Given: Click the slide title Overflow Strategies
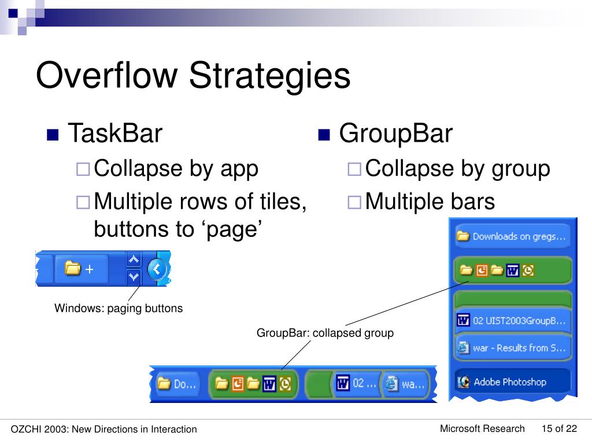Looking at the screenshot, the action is click(193, 76).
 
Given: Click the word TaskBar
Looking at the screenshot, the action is click(115, 134).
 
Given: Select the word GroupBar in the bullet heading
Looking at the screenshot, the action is click(395, 134).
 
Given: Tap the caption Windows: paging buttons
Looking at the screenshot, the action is click(119, 308).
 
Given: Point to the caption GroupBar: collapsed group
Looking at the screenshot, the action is click(325, 333).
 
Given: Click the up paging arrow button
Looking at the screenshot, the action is click(134, 260).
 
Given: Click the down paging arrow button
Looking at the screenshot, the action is click(134, 276).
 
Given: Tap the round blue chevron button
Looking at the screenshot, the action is click(157, 269).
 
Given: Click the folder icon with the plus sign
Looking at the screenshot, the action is click(80, 269).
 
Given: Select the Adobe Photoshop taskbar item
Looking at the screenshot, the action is click(510, 382).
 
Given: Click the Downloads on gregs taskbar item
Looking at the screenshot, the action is click(512, 236).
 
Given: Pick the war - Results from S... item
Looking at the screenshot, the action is click(512, 348).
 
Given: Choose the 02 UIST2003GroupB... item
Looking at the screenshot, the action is click(512, 320).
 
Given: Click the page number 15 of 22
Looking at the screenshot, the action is click(559, 428).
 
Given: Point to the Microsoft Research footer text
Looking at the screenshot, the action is click(482, 428).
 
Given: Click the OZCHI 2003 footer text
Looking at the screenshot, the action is click(104, 429).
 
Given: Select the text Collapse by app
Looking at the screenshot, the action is click(176, 169).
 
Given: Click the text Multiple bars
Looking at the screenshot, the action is click(430, 202).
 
